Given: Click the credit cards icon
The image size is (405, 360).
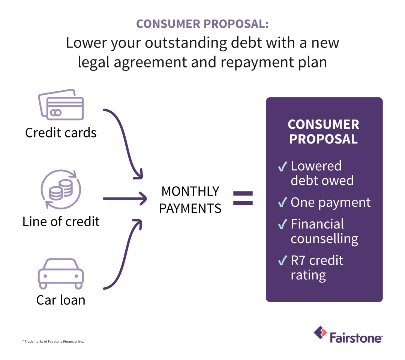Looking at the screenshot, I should pos(61,105).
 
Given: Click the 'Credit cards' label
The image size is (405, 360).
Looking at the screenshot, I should pos(61,133).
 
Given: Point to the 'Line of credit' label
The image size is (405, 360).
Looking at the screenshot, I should pos(61,221).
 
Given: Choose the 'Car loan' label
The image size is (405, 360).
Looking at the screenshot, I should pos(61,300).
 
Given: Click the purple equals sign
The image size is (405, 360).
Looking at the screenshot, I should pos(243,198).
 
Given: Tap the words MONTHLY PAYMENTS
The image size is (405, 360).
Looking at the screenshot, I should pos(190,200).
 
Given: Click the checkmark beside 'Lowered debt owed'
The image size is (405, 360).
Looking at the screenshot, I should pos(283,167).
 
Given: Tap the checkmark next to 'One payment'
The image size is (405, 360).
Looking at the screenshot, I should pos(283,203).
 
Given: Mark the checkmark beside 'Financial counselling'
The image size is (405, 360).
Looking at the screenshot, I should pos(283,225).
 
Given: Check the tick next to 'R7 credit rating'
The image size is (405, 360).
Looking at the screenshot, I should pos(283,261).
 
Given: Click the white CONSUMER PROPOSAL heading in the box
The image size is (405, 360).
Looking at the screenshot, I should pos(323,131).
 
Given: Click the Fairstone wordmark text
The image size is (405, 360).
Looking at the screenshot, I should pos(356,336).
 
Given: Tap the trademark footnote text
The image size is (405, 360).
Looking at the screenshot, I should pos(53,342).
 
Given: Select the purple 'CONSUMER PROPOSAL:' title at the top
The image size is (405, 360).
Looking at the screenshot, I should pos(202,24).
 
